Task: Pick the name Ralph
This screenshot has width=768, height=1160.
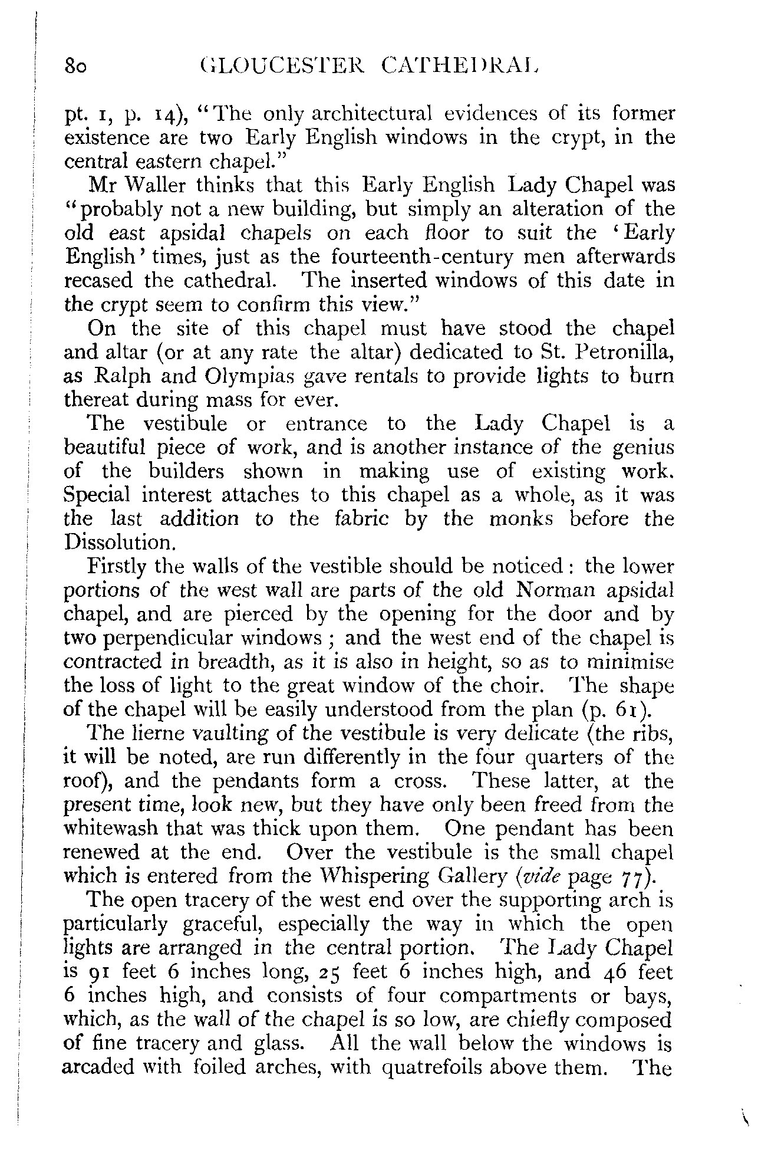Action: (x=125, y=376)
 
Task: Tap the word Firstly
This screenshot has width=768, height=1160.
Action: (x=116, y=567)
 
